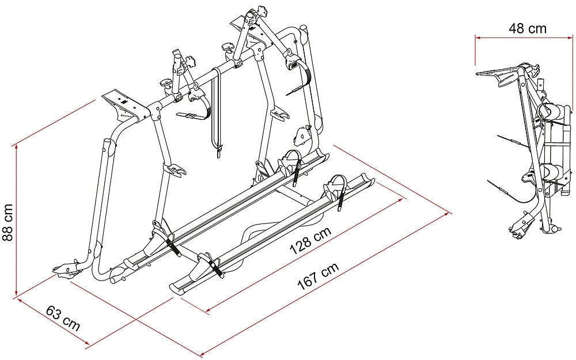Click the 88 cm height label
click(7, 222)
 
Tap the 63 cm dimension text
click(63, 318)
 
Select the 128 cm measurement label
click(311, 240)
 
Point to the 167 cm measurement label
click(318, 276)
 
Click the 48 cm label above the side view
click(528, 28)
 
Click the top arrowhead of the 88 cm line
click(16, 147)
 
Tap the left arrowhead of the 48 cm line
click(478, 37)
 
